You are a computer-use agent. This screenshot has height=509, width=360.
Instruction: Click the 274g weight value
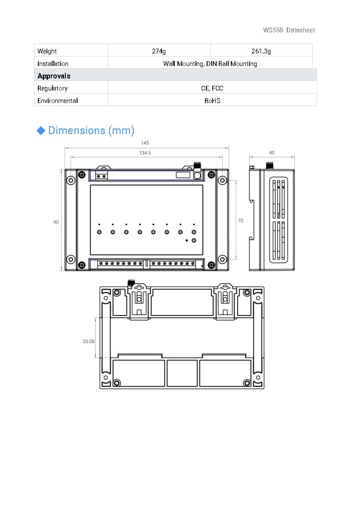click(159, 51)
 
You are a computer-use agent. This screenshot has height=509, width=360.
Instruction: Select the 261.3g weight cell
click(261, 51)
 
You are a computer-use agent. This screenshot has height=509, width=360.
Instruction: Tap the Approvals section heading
click(54, 76)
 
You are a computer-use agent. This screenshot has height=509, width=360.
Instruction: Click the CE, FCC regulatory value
click(212, 88)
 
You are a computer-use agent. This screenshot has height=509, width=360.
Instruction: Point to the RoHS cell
click(212, 100)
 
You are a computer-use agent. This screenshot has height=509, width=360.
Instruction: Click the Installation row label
click(53, 64)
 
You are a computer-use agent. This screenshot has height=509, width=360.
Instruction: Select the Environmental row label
click(57, 100)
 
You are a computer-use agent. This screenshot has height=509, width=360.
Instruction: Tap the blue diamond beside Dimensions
click(41, 131)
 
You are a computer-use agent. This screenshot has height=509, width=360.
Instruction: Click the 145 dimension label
click(145, 143)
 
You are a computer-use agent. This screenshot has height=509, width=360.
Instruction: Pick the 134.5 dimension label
click(145, 153)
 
